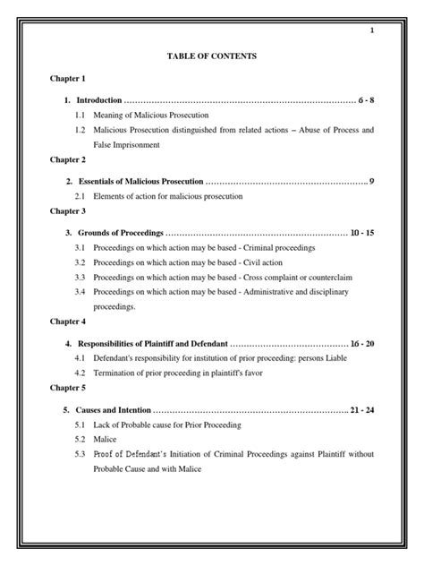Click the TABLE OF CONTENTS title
click(x=211, y=56)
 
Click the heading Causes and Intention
click(x=115, y=409)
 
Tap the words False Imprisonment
click(x=129, y=143)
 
